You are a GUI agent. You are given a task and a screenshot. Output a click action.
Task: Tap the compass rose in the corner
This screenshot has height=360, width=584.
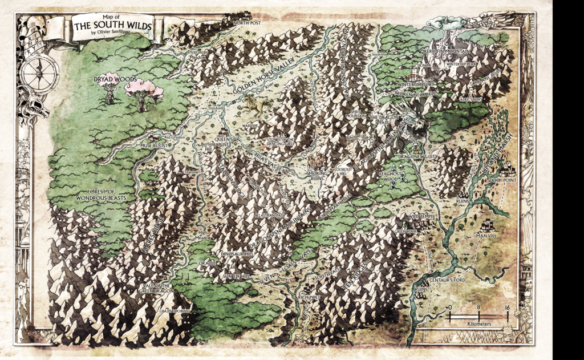[x=39, y=71]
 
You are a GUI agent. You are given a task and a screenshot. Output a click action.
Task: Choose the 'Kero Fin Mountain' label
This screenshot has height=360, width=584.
[x=446, y=51]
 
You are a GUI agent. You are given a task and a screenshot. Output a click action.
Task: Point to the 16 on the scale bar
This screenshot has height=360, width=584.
[x=506, y=308]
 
